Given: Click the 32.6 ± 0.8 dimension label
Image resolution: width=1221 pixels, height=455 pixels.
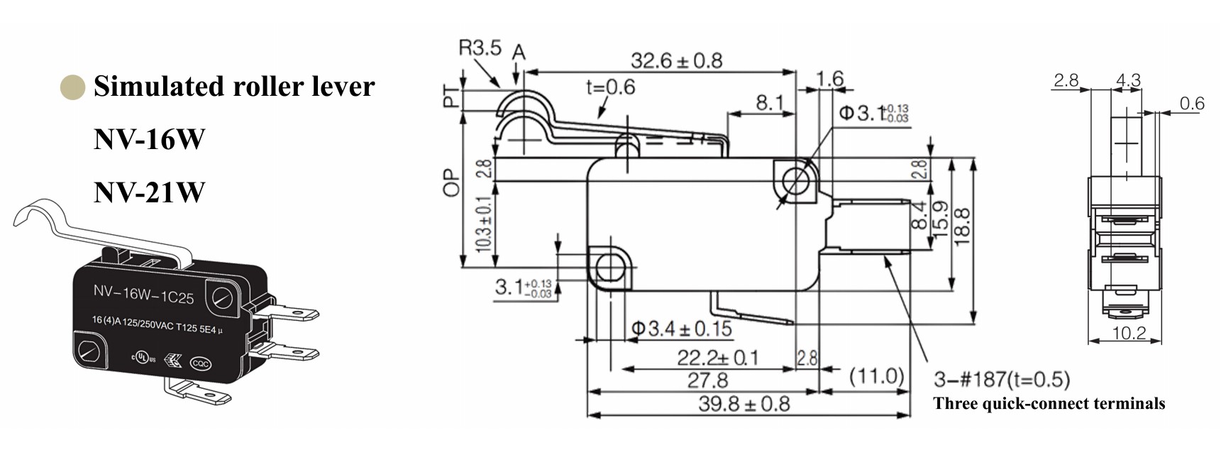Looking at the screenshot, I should click(x=676, y=61).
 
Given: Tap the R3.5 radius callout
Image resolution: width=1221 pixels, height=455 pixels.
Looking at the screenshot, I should click(x=480, y=48).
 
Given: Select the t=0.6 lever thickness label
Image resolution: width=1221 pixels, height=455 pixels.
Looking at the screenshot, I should click(x=610, y=87).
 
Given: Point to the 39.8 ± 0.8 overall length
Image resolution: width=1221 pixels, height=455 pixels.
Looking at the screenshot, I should click(x=744, y=404).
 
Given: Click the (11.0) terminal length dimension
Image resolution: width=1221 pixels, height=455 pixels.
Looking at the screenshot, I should click(x=877, y=375).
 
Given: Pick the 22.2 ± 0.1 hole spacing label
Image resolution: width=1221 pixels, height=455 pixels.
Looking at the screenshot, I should click(x=717, y=358).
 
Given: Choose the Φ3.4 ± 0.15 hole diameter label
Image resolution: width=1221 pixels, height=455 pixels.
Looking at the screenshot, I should click(x=681, y=329).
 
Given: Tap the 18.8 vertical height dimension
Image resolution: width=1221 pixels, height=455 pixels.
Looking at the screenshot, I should click(x=962, y=226).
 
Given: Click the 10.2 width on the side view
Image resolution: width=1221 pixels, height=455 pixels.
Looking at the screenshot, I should click(x=1129, y=333).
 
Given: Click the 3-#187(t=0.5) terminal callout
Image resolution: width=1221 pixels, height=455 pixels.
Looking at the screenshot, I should click(x=1001, y=379).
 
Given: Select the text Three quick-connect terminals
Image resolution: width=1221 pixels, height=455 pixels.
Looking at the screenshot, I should click(x=1049, y=404).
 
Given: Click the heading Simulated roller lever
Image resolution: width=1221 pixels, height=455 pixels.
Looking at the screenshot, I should click(x=234, y=87).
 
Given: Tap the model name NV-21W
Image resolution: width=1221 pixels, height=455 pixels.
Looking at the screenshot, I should click(x=149, y=192).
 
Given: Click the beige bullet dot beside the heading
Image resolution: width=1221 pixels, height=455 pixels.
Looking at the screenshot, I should click(x=72, y=87).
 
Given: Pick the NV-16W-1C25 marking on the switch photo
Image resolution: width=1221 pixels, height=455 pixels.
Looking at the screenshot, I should click(x=143, y=294).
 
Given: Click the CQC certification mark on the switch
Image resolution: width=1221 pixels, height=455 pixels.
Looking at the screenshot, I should click(x=200, y=364).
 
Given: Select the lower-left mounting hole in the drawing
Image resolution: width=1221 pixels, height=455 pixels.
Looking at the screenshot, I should click(x=609, y=268).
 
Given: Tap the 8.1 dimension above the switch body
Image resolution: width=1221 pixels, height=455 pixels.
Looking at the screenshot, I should click(x=769, y=104).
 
